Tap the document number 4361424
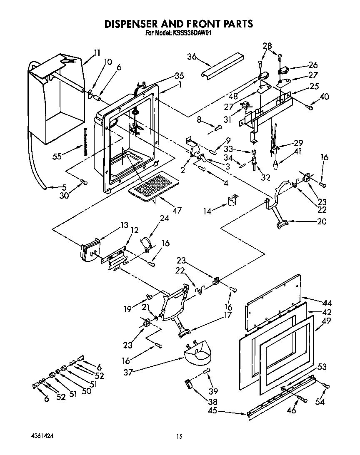42,435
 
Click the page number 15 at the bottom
179,437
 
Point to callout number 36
192,57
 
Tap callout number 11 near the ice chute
97,52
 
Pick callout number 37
128,372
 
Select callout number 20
322,221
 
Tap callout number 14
207,211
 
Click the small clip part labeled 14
231,201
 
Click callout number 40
324,97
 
